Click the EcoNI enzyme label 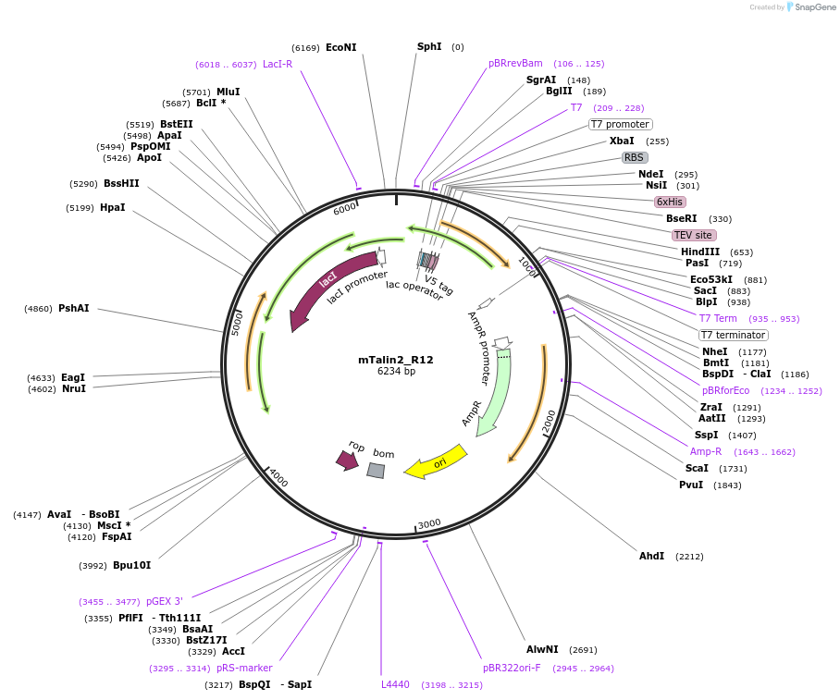[340, 47]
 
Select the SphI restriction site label [429, 46]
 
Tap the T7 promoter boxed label [620, 124]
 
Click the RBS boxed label [634, 157]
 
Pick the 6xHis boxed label [670, 202]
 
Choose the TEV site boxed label [693, 235]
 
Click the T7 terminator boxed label [733, 335]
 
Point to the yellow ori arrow [437, 462]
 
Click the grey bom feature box [376, 470]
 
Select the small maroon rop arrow [347, 460]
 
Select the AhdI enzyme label [651, 556]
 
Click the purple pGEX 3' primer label [165, 601]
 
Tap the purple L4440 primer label [395, 684]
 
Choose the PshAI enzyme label [74, 308]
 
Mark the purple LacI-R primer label [278, 64]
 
